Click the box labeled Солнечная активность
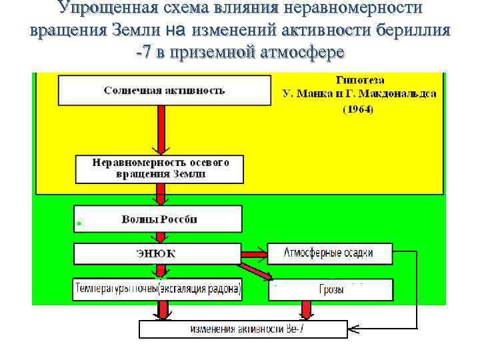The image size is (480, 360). point(165,90)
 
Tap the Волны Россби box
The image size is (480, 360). point(159,219)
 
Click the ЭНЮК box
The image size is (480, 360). point(156,253)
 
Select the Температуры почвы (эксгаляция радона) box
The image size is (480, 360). point(158,289)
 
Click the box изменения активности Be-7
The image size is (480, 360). point(243,329)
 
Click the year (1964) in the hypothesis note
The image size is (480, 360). point(358,109)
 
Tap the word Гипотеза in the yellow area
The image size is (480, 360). point(358,79)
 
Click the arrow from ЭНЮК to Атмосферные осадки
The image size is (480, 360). point(253,253)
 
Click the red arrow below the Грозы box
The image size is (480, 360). point(306,309)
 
